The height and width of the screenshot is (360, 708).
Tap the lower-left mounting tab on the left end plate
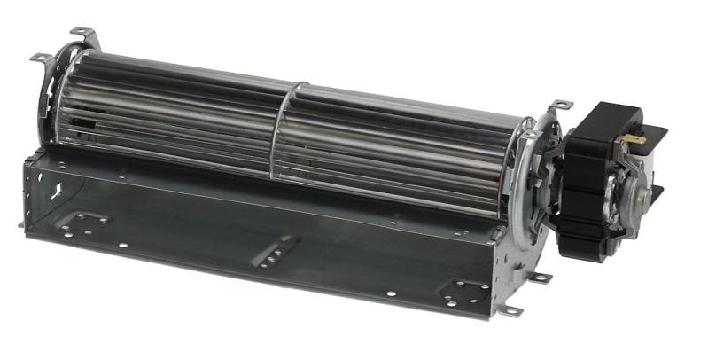pyautogui.click(x=40, y=59)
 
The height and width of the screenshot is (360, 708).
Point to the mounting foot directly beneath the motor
pyautogui.click(x=539, y=278)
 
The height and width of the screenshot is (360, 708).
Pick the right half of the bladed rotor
pyautogui.click(x=408, y=146)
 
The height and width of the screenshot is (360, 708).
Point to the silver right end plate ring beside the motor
pyautogui.click(x=535, y=168)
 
